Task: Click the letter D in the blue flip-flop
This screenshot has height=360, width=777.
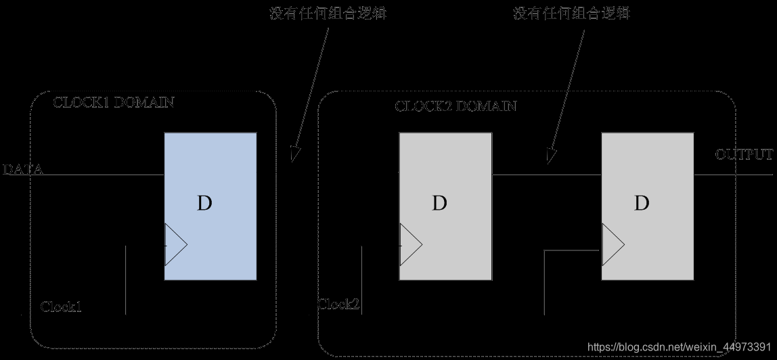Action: point(204,203)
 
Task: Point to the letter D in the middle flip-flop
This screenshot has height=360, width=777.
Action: point(439,203)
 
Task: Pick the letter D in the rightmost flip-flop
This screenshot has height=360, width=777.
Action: point(642,202)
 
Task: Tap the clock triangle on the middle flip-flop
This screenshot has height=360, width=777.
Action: point(410,244)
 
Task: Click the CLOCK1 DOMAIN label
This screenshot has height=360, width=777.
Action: point(114,103)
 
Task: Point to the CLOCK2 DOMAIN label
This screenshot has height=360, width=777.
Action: point(456,106)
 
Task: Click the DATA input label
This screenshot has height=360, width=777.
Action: point(23,170)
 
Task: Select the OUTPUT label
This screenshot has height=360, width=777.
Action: point(744,155)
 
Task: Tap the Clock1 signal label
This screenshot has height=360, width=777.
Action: point(62,307)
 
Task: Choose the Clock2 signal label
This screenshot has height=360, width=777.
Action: point(339,304)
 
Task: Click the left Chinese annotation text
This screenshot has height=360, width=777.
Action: point(328,14)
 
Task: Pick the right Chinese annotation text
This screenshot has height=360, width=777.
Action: point(572,14)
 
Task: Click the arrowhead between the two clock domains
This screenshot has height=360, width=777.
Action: point(294,155)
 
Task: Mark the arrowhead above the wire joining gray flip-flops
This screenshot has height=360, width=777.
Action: point(550,158)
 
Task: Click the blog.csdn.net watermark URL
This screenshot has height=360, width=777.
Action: point(680,346)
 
